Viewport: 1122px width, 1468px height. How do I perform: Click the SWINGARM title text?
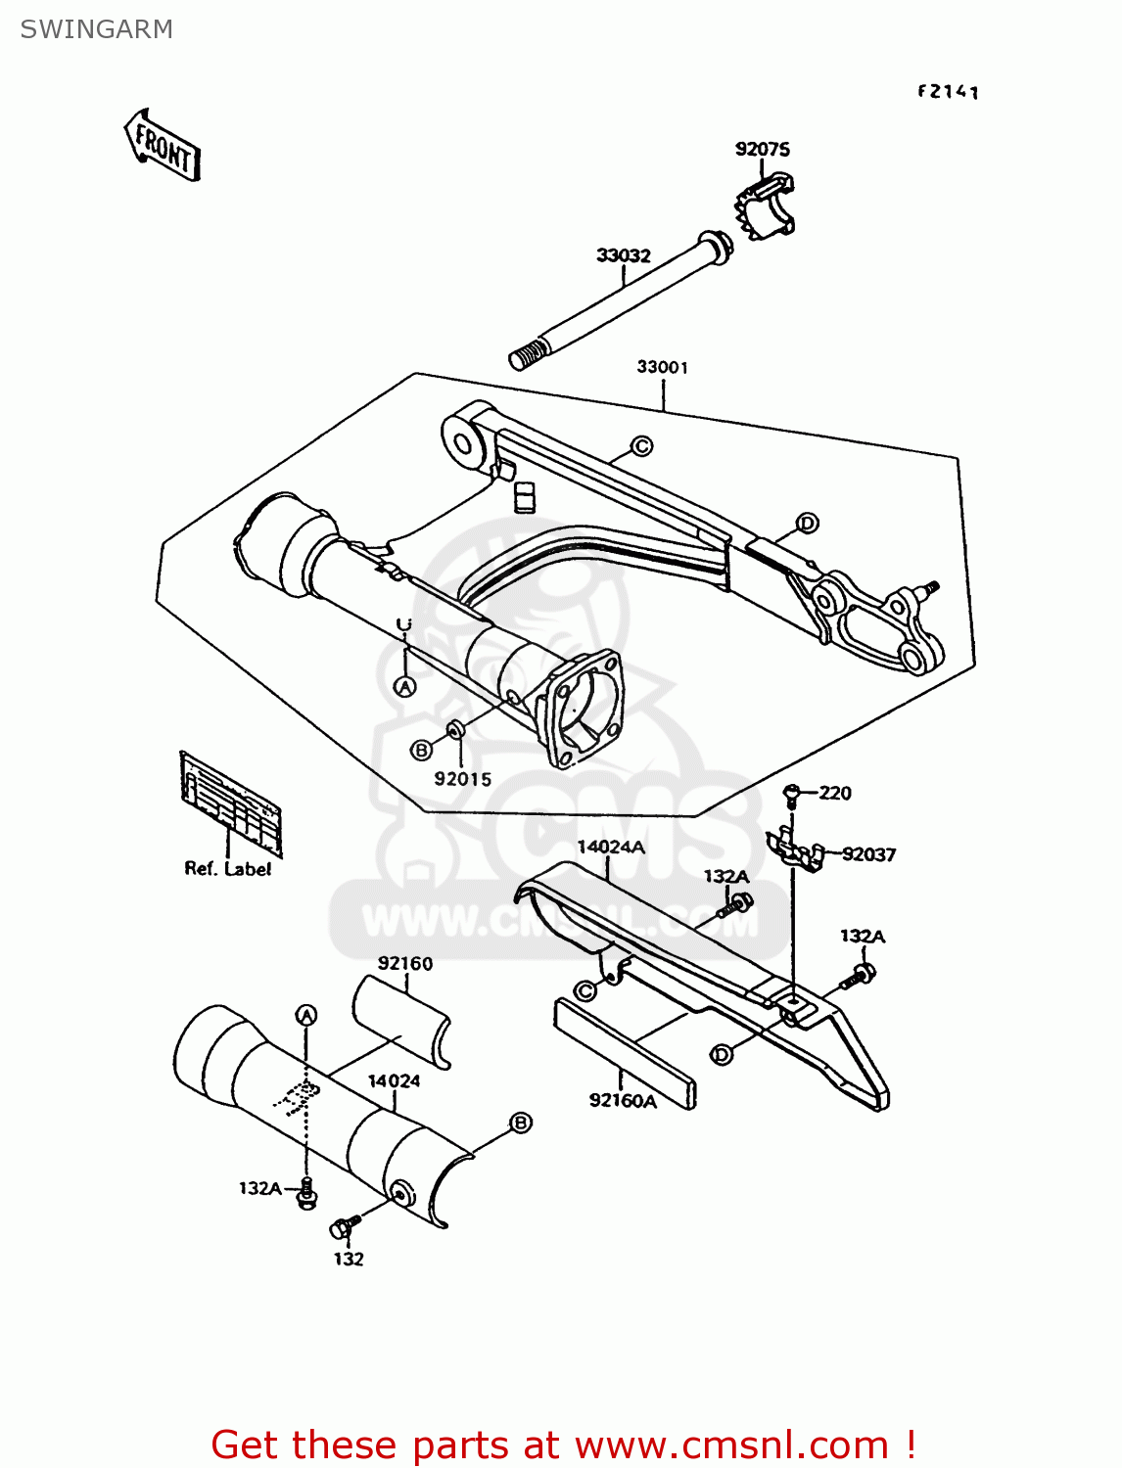pyautogui.click(x=96, y=29)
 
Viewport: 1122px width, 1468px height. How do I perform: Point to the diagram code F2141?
pyautogui.click(x=948, y=91)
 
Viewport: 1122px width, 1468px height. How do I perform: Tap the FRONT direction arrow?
pyautogui.click(x=164, y=147)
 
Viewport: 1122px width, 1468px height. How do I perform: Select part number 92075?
pyautogui.click(x=762, y=149)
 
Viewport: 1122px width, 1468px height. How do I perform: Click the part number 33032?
pyautogui.click(x=623, y=255)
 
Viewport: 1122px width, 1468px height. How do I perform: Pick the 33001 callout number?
pyautogui.click(x=662, y=367)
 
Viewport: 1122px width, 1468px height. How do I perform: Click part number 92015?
pyautogui.click(x=462, y=779)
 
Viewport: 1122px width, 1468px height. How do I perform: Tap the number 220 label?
pyautogui.click(x=835, y=793)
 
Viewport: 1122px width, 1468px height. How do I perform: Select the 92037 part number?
pyautogui.click(x=868, y=854)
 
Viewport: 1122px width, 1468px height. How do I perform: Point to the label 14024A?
pyautogui.click(x=610, y=847)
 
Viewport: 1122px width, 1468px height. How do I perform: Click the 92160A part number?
pyautogui.click(x=623, y=1101)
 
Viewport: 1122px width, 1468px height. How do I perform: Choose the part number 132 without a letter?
pyautogui.click(x=349, y=1260)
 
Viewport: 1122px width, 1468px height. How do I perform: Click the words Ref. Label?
pyautogui.click(x=227, y=868)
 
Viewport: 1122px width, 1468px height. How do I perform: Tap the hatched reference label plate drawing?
pyautogui.click(x=230, y=797)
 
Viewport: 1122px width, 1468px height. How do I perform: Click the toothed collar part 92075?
pyautogui.click(x=766, y=206)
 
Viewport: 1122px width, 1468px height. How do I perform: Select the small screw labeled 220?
pyautogui.click(x=792, y=795)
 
